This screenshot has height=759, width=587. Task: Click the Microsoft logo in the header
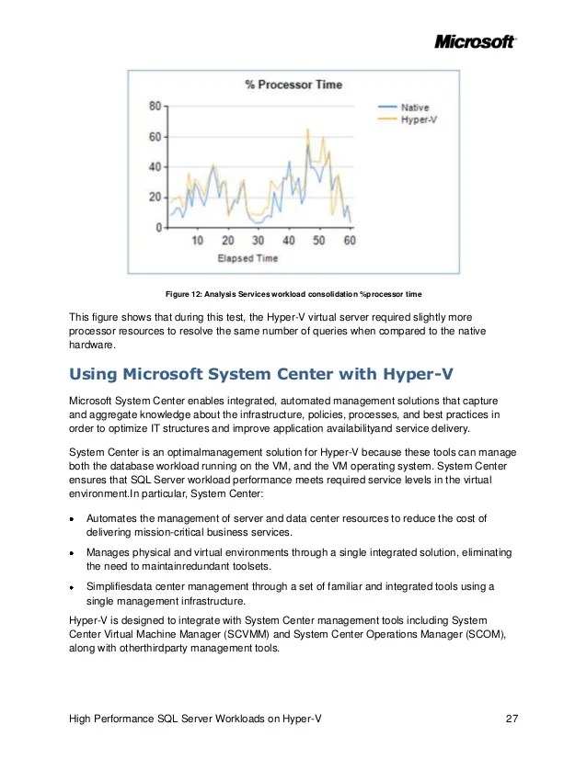point(474,41)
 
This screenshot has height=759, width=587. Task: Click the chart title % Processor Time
point(293,85)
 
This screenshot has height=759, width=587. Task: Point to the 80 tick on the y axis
point(155,107)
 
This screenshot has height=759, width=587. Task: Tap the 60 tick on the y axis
point(155,137)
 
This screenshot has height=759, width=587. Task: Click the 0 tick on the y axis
point(159,227)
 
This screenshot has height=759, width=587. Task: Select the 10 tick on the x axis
point(198,241)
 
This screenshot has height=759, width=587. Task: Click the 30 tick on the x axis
point(259,241)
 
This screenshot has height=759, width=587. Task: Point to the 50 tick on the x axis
point(319,241)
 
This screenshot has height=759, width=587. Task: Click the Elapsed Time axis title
point(247,258)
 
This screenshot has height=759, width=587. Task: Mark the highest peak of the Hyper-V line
point(308,130)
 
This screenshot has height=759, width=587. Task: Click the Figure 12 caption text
point(293,294)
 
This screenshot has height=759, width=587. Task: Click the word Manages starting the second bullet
point(109,552)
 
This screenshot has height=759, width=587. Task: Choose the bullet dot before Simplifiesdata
point(73,587)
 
